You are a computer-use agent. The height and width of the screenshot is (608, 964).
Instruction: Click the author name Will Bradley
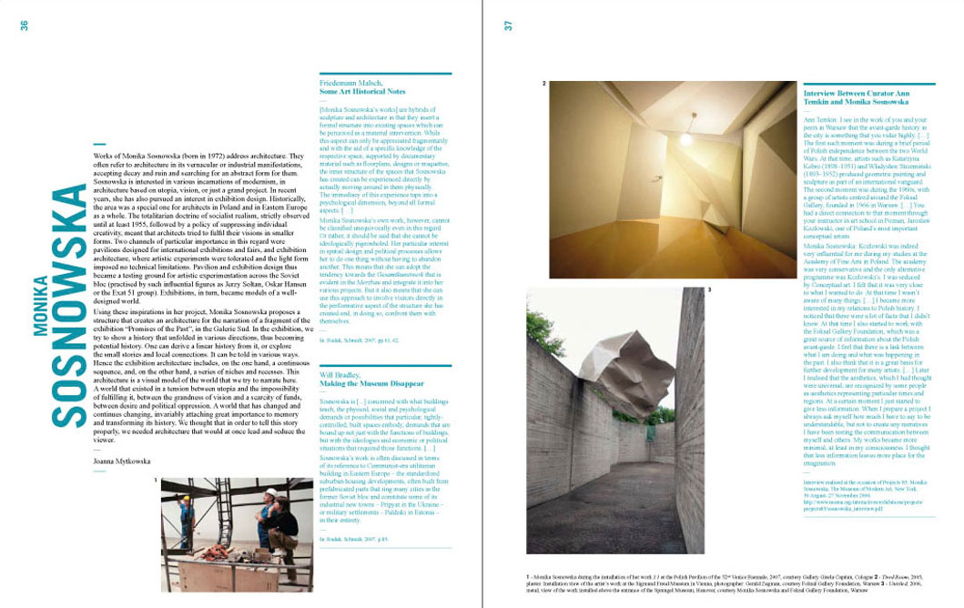pos(341,375)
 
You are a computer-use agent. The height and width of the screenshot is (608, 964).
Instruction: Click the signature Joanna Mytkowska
pos(123,461)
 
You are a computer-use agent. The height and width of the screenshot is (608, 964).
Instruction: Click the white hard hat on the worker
pos(269,493)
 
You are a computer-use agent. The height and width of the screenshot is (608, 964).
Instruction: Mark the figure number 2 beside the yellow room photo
pos(543,84)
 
